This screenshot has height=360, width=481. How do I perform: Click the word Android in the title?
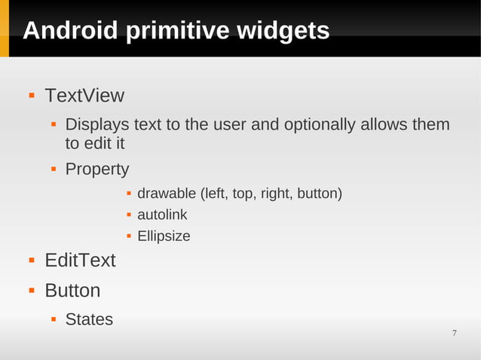click(x=70, y=31)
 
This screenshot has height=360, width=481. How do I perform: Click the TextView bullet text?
click(x=84, y=96)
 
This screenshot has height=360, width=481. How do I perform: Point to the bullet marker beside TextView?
click(x=32, y=96)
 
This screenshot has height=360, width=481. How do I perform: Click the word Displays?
click(x=97, y=124)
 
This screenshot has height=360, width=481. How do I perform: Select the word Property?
click(x=97, y=169)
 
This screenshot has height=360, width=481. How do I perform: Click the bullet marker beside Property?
click(x=54, y=169)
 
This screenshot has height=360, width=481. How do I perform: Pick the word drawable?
click(x=167, y=194)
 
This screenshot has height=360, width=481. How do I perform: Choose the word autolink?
click(x=162, y=215)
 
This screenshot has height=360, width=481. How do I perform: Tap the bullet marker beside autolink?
click(x=129, y=215)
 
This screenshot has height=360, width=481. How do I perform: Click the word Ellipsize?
click(x=164, y=236)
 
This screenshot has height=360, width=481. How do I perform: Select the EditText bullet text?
click(x=80, y=261)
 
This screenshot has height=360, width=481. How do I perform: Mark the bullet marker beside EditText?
click(x=32, y=261)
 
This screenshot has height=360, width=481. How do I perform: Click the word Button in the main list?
click(x=72, y=291)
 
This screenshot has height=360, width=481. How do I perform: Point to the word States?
click(x=89, y=319)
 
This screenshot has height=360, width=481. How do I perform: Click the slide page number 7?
click(x=455, y=333)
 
